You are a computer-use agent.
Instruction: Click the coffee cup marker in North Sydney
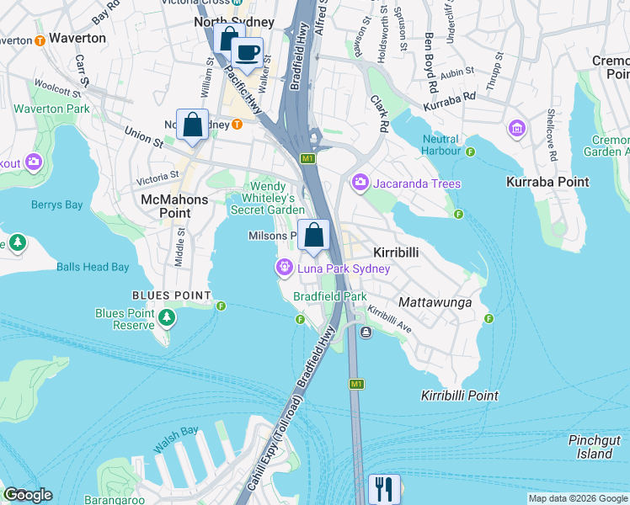coord(247,54)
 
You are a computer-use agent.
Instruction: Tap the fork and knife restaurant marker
coord(385,489)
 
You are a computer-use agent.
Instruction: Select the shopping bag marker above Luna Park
coord(313,235)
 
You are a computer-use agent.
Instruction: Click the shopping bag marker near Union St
coord(192,125)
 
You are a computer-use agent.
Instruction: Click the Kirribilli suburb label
coord(396,252)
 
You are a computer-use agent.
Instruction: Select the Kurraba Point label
coord(540,182)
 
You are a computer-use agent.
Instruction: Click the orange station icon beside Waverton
coord(40,39)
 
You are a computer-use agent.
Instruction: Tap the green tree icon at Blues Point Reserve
coord(168,316)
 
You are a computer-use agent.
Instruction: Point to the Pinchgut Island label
coord(595,447)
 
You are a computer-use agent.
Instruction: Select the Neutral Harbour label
coord(440,146)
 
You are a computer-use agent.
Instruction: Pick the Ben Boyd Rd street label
coord(431,63)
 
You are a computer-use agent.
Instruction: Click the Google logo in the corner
coord(28,495)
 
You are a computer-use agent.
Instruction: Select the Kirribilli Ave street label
coord(389,321)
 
